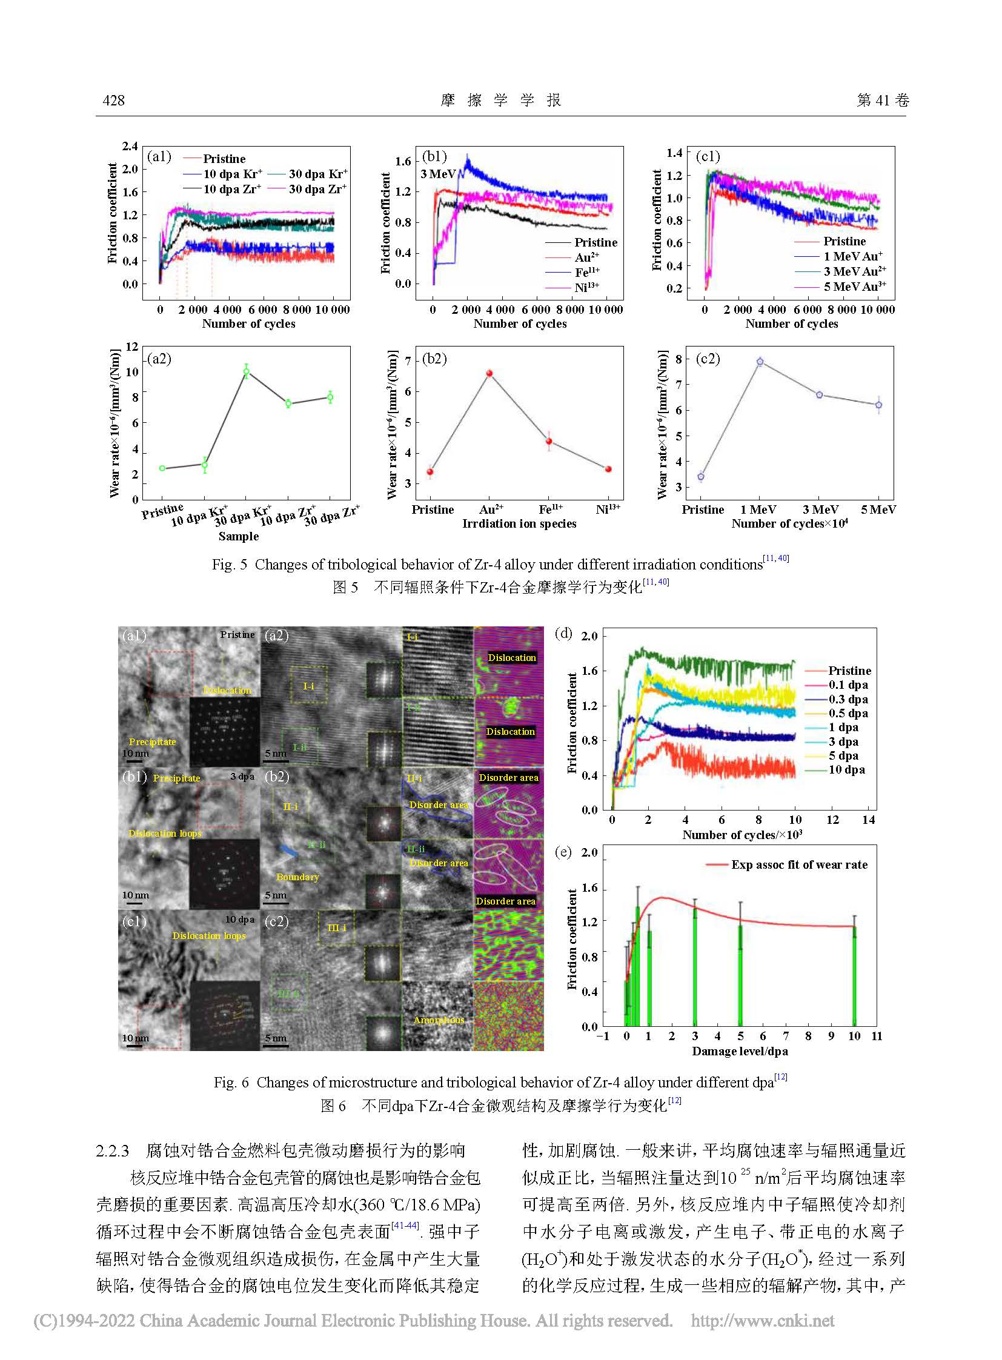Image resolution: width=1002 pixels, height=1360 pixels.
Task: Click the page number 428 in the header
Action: tap(113, 101)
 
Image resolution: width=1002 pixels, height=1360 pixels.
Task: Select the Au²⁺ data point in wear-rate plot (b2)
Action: tap(489, 374)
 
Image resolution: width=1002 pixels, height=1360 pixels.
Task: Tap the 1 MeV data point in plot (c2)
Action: tap(760, 362)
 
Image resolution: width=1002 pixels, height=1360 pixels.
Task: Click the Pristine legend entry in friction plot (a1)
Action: tap(224, 159)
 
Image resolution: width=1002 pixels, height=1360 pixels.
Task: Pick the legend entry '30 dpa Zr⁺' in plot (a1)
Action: tap(317, 189)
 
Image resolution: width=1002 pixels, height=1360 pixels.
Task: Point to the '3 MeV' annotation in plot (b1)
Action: tap(438, 174)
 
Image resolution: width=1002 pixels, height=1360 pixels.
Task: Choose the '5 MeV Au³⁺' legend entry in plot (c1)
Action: tap(854, 287)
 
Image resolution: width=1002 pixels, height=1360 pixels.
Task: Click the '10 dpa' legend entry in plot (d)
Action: tap(847, 770)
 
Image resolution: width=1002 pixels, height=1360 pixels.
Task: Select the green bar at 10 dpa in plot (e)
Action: tap(854, 976)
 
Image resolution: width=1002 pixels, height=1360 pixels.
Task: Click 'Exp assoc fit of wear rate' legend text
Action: tap(799, 865)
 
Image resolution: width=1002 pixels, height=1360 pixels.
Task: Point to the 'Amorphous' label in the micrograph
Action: tap(439, 1020)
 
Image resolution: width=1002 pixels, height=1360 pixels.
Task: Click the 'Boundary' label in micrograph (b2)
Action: tap(297, 877)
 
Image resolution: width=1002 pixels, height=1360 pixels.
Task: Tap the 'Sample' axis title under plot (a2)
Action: tap(238, 536)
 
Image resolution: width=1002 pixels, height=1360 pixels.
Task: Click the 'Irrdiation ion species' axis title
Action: tap(519, 523)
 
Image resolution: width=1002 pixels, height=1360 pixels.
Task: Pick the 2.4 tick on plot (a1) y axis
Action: tap(130, 146)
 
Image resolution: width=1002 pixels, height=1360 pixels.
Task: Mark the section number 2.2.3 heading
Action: tap(113, 1151)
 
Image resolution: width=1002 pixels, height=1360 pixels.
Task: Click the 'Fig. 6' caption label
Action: tap(231, 1082)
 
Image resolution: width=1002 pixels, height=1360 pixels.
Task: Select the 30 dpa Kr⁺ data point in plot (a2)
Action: tap(246, 371)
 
